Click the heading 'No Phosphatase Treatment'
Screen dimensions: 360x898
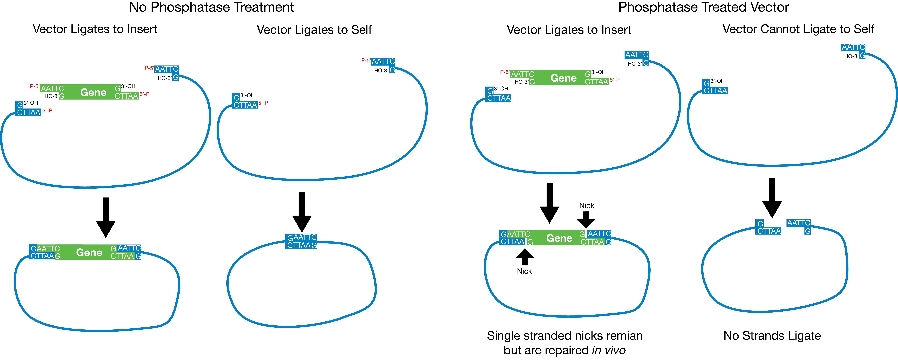pyautogui.click(x=211, y=7)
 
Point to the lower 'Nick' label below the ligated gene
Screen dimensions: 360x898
pyautogui.click(x=524, y=271)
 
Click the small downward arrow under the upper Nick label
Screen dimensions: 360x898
pyautogui.click(x=586, y=220)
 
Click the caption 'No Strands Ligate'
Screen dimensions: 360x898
pyautogui.click(x=772, y=336)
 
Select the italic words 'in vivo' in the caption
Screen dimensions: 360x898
pyautogui.click(x=609, y=350)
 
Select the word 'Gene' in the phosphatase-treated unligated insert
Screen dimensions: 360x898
pyautogui.click(x=563, y=78)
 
